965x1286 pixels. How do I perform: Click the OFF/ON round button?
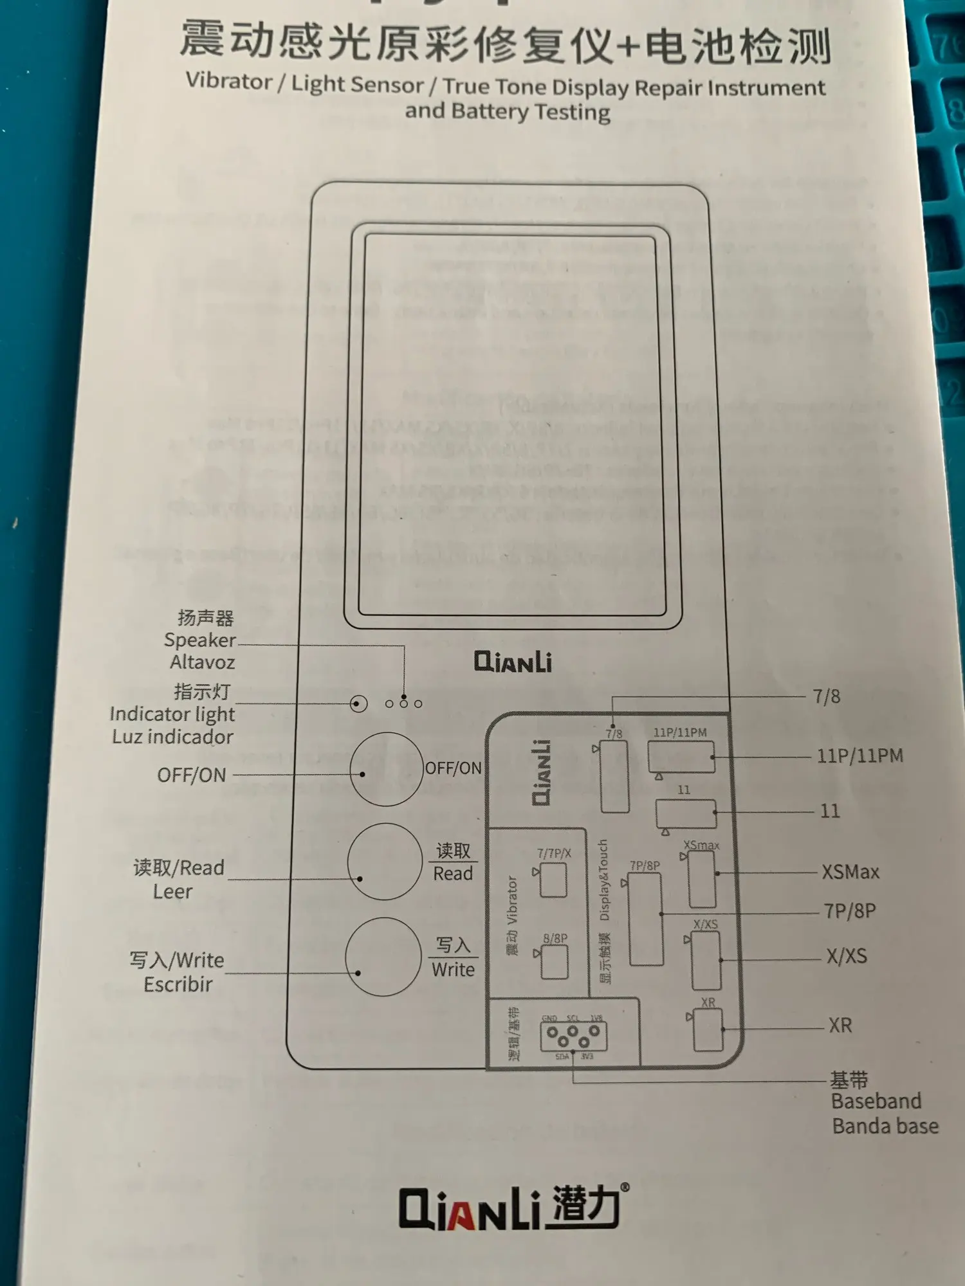386,769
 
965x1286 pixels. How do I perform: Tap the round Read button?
385,861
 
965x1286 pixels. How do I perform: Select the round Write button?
383,956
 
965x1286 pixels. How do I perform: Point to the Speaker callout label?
200,640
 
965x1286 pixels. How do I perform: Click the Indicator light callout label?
172,714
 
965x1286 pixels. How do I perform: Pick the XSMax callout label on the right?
850,873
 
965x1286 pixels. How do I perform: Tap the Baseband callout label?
876,1101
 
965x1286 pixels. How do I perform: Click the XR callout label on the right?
840,1025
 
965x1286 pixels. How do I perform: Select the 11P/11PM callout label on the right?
860,756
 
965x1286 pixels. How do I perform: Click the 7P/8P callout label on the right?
850,911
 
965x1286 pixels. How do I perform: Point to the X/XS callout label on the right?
847,956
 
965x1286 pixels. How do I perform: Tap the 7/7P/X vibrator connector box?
553,880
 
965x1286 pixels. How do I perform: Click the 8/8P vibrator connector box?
554,962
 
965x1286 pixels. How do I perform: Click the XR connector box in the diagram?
708,1029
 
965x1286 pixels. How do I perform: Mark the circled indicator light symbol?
358,703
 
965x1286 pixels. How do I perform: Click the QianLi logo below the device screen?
513,662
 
